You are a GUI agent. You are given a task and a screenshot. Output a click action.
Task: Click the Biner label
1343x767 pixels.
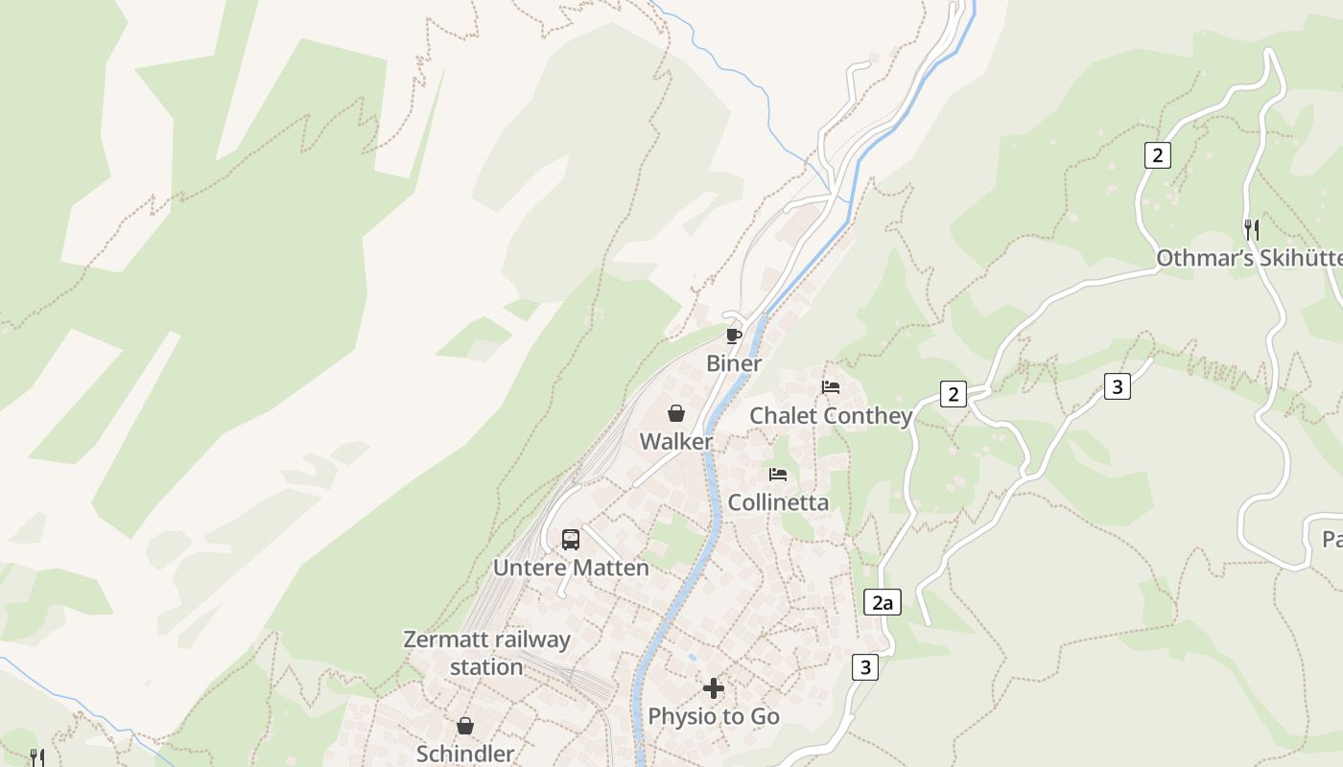734,363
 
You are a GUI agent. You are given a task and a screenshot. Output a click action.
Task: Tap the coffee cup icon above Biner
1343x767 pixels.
734,336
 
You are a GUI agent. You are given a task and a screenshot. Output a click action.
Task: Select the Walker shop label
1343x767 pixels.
676,441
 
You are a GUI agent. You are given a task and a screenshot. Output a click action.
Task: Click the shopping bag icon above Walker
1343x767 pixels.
676,413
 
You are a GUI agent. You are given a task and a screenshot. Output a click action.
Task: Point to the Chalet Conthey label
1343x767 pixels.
831,415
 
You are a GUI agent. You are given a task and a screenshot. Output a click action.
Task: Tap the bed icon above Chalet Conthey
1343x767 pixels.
831,387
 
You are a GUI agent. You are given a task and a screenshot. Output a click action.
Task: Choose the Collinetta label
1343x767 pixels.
778,502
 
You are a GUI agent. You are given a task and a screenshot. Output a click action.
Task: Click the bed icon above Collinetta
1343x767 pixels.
778,475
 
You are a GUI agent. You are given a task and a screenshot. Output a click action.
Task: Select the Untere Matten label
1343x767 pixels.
571,568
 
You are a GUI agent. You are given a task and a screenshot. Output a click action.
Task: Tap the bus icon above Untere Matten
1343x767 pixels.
571,539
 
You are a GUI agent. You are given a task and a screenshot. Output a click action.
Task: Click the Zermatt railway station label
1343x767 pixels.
486,653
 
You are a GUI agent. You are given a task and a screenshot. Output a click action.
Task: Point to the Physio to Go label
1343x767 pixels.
714,716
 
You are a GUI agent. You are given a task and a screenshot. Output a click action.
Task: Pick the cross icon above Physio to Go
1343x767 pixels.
714,688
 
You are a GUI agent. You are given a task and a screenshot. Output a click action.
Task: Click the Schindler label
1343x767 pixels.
465,754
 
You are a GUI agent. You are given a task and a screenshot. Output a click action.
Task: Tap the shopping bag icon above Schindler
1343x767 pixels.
465,726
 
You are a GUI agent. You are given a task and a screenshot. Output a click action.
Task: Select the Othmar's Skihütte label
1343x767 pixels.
1248,258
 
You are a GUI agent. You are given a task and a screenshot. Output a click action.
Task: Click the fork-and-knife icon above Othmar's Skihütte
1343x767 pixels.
1251,230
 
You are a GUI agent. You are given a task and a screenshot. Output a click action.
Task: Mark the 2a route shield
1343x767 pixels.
883,603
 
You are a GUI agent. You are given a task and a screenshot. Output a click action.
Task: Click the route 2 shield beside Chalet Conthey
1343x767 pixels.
953,394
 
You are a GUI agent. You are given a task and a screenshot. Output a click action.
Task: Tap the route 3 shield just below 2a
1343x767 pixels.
865,667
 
